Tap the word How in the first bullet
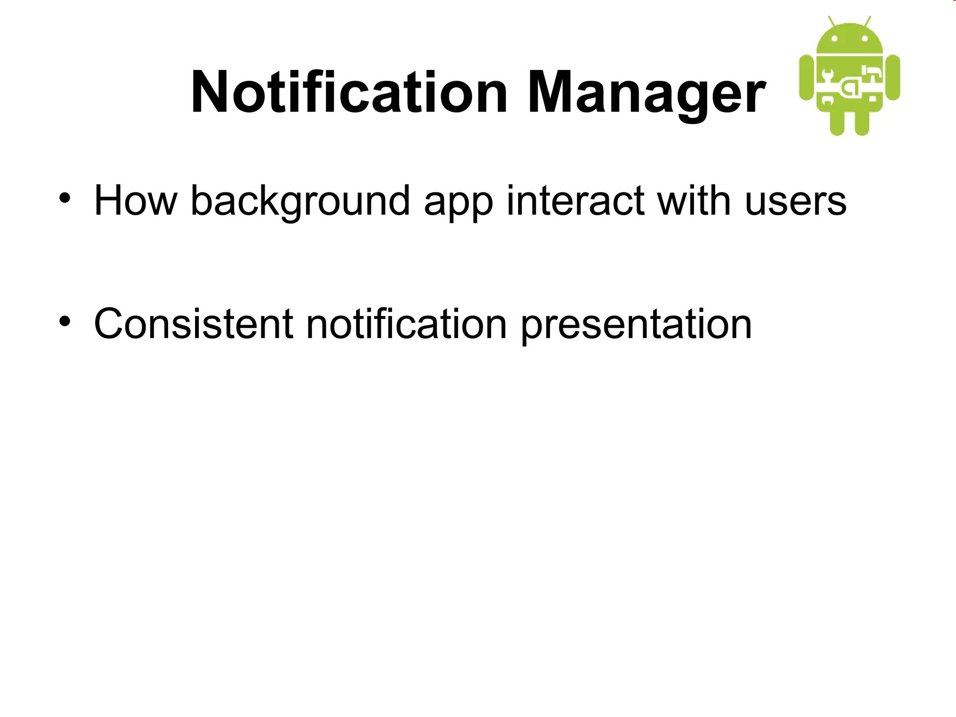(135, 201)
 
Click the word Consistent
(193, 324)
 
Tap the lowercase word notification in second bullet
(406, 324)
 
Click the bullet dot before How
(64, 198)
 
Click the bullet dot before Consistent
(64, 321)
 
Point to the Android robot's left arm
(807, 77)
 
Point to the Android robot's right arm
(893, 77)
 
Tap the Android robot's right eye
(865, 39)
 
